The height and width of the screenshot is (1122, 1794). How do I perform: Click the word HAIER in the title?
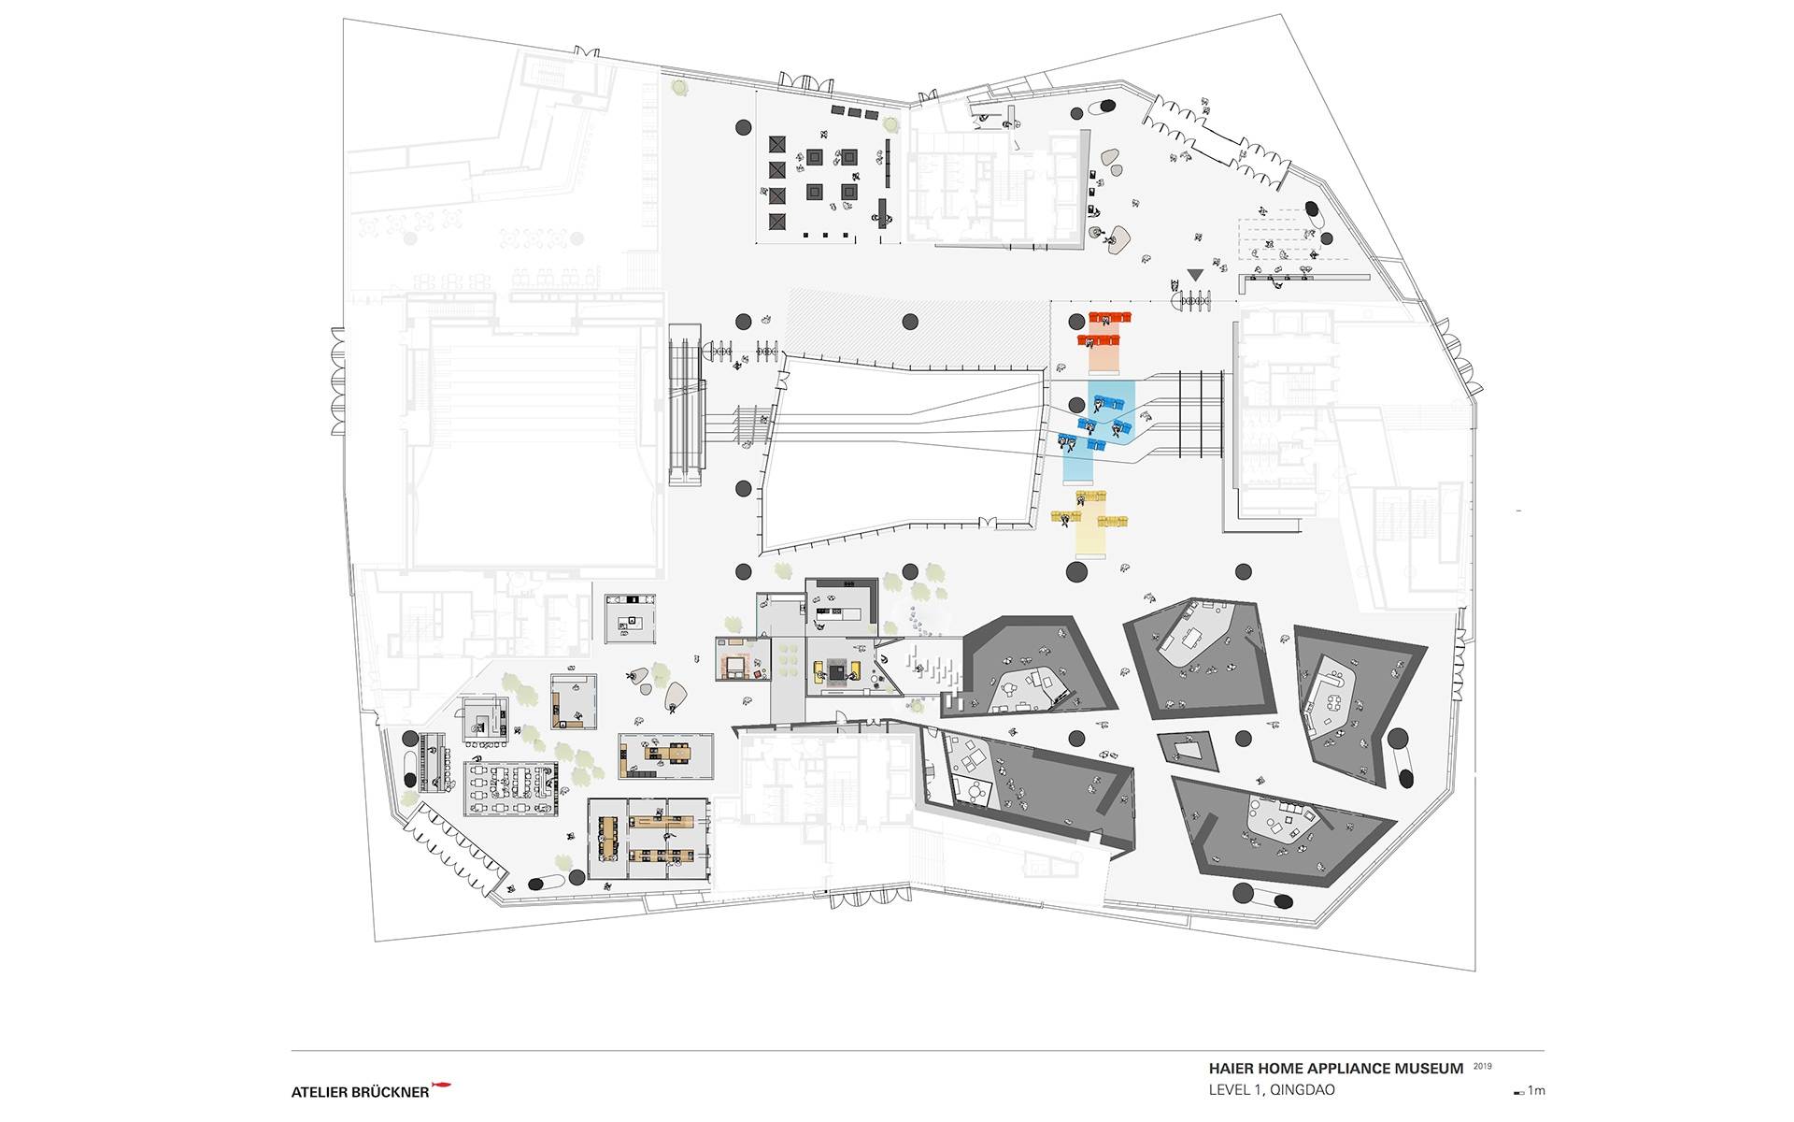tap(1229, 1069)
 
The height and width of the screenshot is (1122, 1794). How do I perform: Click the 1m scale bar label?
tap(1537, 1091)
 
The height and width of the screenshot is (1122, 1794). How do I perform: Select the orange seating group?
tap(1105, 332)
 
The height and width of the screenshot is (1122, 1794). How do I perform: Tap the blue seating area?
tap(1100, 428)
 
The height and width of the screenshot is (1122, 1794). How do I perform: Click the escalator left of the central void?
tap(685, 403)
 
